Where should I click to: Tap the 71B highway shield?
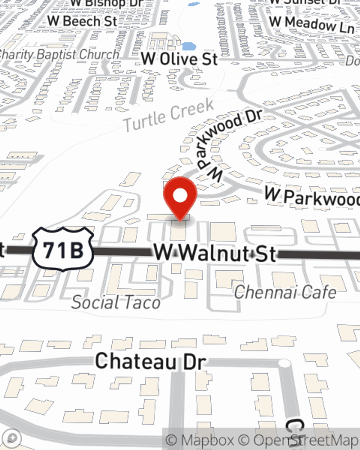click(63, 249)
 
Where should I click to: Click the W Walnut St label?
click(215, 253)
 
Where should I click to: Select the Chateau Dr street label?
click(151, 361)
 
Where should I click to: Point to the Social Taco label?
click(116, 302)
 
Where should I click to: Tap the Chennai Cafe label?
click(285, 292)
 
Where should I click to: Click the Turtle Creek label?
click(169, 115)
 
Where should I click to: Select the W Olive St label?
click(179, 59)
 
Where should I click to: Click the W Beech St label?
click(82, 21)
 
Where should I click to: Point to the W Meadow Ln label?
click(312, 24)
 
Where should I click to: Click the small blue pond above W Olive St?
click(189, 46)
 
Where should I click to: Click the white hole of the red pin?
click(180, 196)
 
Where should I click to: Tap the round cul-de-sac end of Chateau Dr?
click(284, 363)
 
